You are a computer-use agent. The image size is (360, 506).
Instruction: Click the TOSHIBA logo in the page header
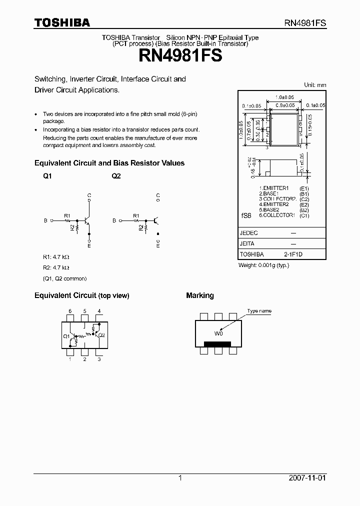click(x=62, y=22)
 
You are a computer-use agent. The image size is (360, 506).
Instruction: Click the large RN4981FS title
click(x=179, y=55)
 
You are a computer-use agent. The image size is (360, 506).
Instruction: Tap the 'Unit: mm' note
click(x=315, y=85)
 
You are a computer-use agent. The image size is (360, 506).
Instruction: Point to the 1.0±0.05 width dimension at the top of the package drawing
click(x=284, y=97)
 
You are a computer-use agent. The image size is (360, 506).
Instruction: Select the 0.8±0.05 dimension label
click(x=285, y=105)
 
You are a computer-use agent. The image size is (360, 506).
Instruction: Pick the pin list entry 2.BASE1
click(x=268, y=193)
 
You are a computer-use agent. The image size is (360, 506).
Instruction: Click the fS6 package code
click(x=246, y=215)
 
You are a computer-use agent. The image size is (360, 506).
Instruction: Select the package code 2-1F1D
click(x=293, y=254)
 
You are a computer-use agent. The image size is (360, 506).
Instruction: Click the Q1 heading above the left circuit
click(x=47, y=176)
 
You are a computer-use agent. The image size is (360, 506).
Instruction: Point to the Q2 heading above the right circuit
click(x=116, y=176)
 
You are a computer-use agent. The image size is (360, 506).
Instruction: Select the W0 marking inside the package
click(x=218, y=333)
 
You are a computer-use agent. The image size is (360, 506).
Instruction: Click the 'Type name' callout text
click(x=259, y=311)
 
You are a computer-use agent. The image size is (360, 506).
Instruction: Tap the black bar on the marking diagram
click(x=217, y=343)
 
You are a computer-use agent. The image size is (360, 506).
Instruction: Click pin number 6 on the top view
click(x=70, y=311)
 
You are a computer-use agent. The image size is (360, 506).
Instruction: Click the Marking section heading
click(x=200, y=295)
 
